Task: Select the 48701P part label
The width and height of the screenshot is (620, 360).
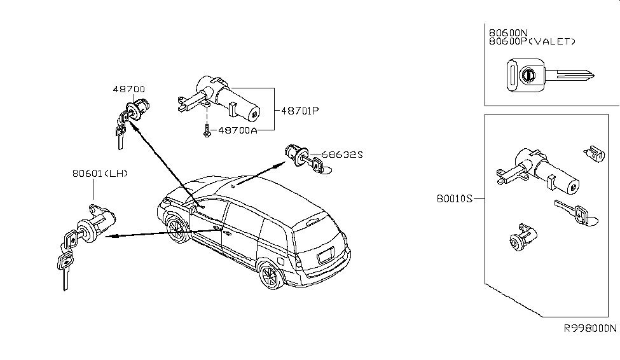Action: coord(297,110)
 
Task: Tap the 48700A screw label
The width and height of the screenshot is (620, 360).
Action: coord(238,130)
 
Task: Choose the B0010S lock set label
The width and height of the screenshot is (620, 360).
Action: coord(456,198)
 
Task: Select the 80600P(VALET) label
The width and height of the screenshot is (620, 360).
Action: coord(532,41)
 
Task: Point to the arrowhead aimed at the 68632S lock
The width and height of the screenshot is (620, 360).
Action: coord(278,164)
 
